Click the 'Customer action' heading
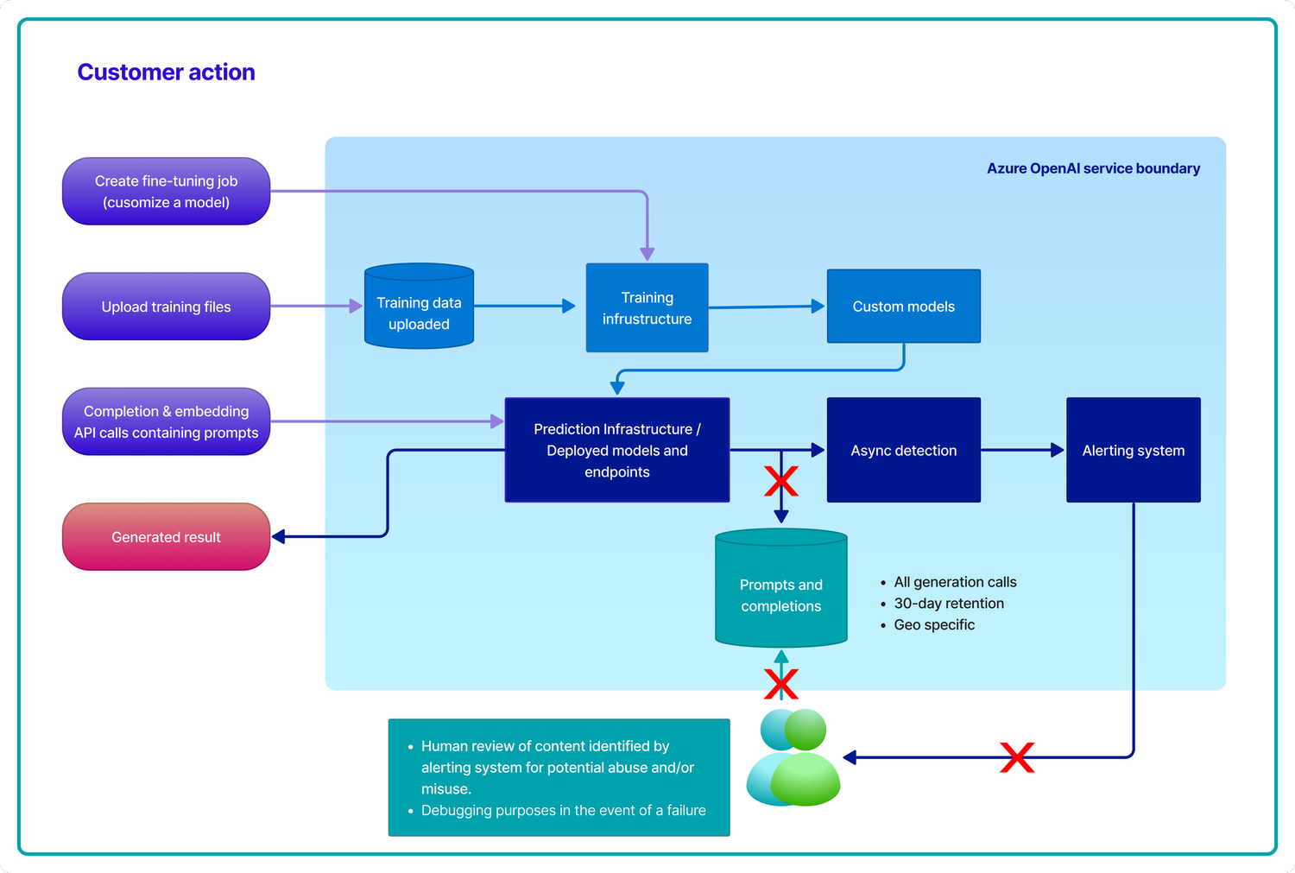[166, 73]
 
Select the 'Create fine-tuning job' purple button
[166, 191]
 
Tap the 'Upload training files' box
[166, 307]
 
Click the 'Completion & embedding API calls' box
[166, 421]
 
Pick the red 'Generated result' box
[166, 537]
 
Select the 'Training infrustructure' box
[647, 307]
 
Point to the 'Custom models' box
[903, 307]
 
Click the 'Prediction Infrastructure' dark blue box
[616, 450]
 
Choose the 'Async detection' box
[903, 450]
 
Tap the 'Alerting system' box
[1133, 450]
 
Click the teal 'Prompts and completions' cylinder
[780, 595]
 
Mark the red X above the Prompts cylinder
[780, 482]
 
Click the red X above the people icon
[780, 684]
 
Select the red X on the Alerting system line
[1017, 757]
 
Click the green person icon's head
[805, 730]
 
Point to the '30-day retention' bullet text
[948, 604]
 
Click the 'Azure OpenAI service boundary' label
[1093, 168]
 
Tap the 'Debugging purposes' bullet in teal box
[563, 810]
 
